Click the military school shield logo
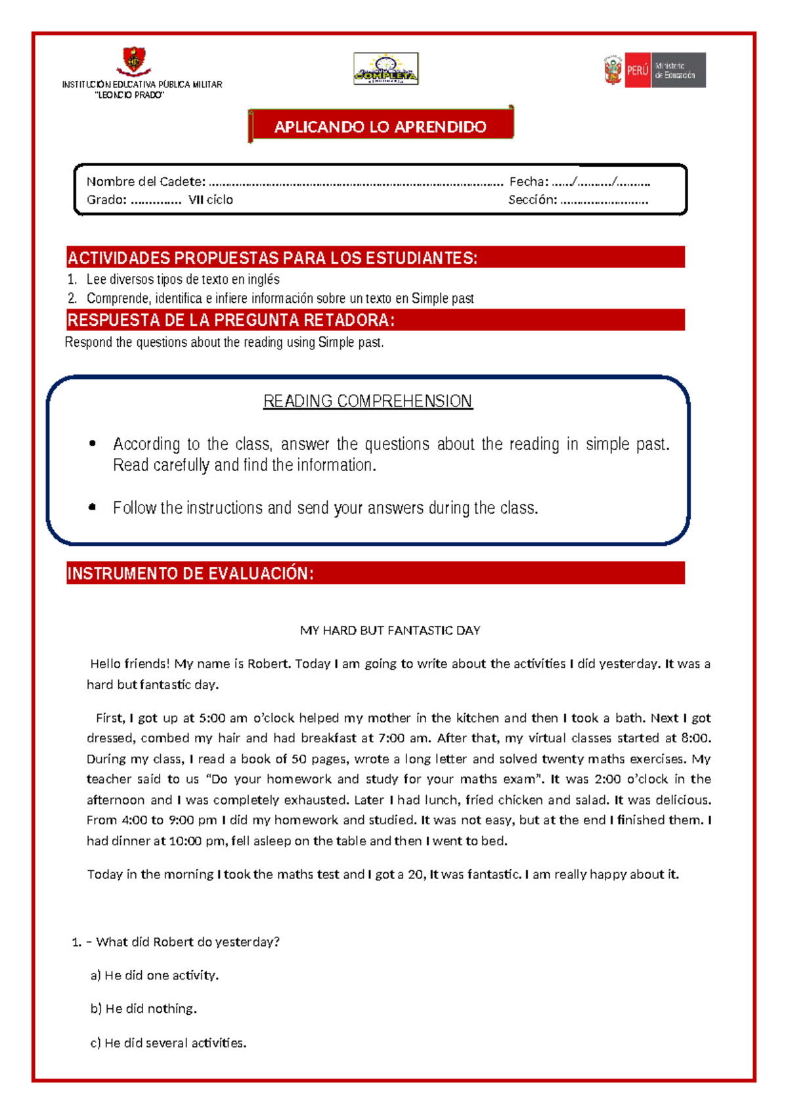134,61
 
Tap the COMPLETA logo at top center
385,69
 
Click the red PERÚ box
637,70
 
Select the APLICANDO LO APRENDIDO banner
380,126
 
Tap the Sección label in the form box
533,200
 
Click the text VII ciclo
210,200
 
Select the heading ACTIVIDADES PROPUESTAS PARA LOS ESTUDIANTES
273,257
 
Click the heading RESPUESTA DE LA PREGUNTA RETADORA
231,320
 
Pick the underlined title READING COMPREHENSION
368,401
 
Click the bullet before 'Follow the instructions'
93,507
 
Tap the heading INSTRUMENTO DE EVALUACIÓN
190,573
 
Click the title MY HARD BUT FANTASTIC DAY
390,631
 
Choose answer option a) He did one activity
155,975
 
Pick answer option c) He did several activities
169,1043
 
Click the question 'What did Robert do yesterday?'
188,942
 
